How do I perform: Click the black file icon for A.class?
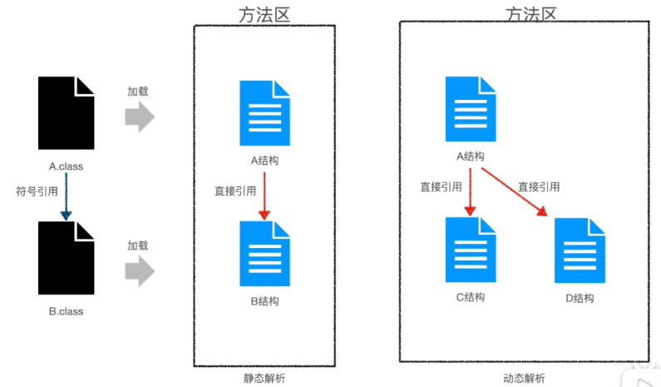coord(66,113)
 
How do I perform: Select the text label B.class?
coord(66,311)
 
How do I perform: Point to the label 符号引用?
coord(37,191)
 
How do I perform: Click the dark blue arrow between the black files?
coord(66,198)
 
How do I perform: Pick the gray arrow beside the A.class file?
coord(140,117)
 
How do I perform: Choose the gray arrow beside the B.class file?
coord(140,270)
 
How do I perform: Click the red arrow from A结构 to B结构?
coord(264,196)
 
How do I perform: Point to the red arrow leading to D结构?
coord(515,192)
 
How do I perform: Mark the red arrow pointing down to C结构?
coord(471,191)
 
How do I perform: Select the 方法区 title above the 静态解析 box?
coord(264,12)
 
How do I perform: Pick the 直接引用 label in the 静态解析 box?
coord(235,191)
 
